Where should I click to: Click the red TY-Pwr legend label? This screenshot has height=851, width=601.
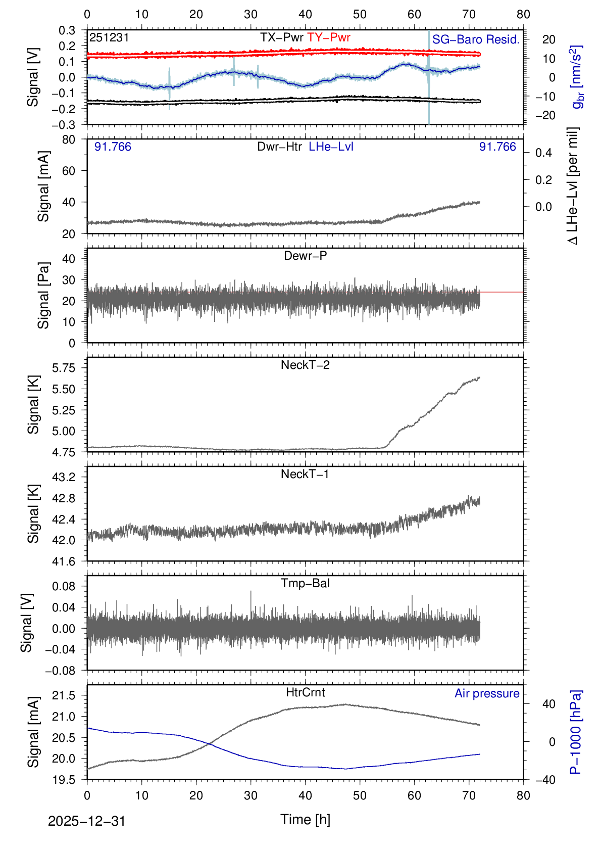pyautogui.click(x=329, y=37)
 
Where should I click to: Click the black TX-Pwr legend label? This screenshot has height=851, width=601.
pyautogui.click(x=282, y=37)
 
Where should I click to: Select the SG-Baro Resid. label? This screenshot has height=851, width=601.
pyautogui.click(x=476, y=39)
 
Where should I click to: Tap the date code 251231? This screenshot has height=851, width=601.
pyautogui.click(x=109, y=37)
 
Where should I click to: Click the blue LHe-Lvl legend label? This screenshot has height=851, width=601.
pyautogui.click(x=331, y=147)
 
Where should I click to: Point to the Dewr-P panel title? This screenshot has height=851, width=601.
pyautogui.click(x=305, y=256)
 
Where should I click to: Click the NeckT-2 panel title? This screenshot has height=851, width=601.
pyautogui.click(x=305, y=365)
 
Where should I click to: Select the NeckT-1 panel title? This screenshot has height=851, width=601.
pyautogui.click(x=305, y=474)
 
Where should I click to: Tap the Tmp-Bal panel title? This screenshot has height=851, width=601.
pyautogui.click(x=305, y=583)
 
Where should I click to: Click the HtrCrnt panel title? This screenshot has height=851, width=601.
pyautogui.click(x=305, y=692)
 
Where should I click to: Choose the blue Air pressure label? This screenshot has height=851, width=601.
pyautogui.click(x=487, y=693)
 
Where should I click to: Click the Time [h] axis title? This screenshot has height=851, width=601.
pyautogui.click(x=305, y=819)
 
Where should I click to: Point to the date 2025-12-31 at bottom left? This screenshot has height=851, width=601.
pyautogui.click(x=86, y=821)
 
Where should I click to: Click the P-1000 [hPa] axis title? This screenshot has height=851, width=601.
pyautogui.click(x=576, y=732)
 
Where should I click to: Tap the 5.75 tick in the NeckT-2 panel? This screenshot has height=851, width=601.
pyautogui.click(x=64, y=368)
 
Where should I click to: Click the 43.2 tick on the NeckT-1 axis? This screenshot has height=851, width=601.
pyautogui.click(x=64, y=477)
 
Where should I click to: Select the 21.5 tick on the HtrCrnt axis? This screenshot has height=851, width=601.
pyautogui.click(x=64, y=695)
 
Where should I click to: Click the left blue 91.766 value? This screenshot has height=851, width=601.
pyautogui.click(x=113, y=147)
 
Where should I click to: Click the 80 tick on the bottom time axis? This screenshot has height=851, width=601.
pyautogui.click(x=523, y=795)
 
